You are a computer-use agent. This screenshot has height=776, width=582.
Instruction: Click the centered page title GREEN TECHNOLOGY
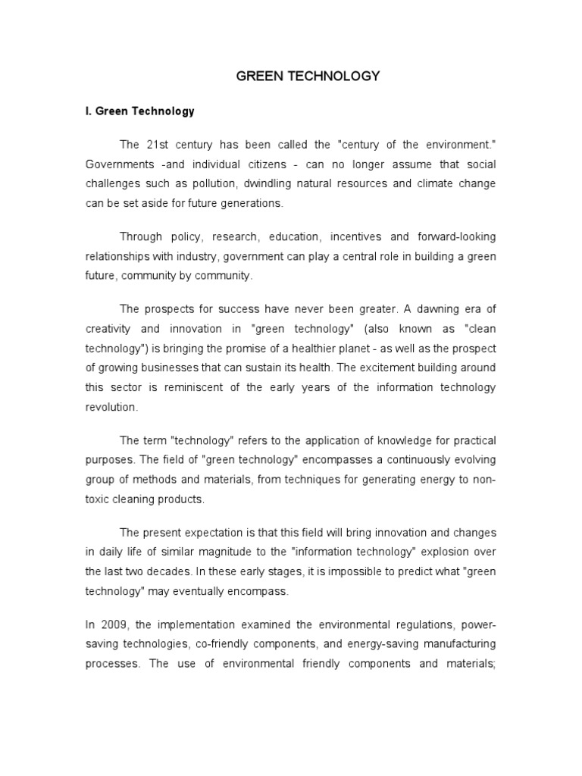pos(297,76)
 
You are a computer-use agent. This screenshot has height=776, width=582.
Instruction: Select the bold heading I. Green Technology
pos(139,111)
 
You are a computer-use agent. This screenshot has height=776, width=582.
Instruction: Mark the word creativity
pos(108,328)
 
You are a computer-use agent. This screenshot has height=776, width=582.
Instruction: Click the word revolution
pos(111,406)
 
